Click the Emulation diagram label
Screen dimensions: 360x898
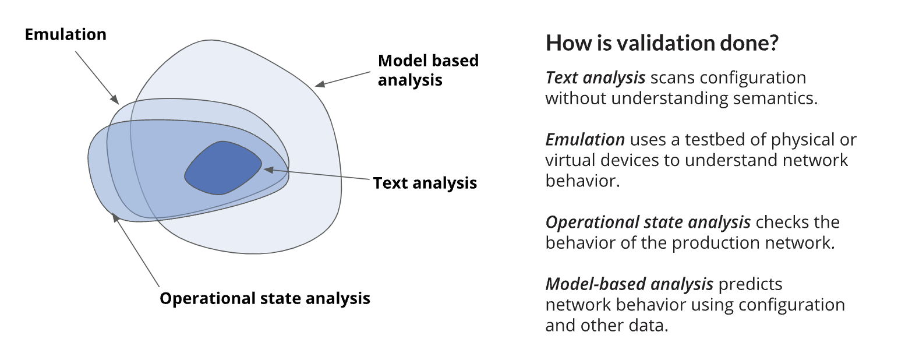[65, 34]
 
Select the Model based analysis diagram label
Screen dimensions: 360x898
[428, 70]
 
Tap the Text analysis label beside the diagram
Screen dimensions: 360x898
[425, 183]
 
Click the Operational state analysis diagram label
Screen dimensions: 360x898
[265, 298]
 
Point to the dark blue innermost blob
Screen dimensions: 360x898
[223, 168]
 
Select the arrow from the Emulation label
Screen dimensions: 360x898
[96, 75]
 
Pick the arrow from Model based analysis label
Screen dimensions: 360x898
[343, 79]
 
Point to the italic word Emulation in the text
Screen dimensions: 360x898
[585, 140]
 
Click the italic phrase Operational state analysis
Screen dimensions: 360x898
[648, 223]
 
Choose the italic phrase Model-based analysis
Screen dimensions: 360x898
[629, 284]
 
